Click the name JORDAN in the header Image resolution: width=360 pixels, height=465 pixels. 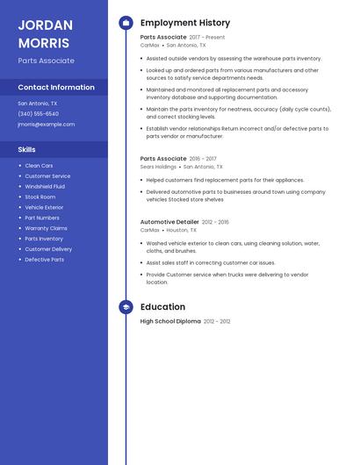(45, 25)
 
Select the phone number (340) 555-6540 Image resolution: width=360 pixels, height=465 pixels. (38, 113)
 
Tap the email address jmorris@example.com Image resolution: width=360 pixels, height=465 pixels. (46, 124)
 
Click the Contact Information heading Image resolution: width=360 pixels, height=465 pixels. (56, 87)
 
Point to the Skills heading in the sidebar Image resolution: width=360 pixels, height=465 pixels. (26, 149)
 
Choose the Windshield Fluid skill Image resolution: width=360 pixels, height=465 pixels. (45, 186)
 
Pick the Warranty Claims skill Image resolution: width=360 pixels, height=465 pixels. (46, 228)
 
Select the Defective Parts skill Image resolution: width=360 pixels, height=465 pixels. (44, 260)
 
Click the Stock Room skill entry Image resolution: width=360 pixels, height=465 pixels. (40, 197)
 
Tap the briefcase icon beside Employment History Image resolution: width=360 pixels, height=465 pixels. (126, 23)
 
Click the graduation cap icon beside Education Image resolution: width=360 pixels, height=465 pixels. (126, 307)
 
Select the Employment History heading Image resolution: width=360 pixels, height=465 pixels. (185, 23)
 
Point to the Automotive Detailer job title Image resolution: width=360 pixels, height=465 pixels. (169, 222)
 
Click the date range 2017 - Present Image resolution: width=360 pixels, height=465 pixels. (207, 38)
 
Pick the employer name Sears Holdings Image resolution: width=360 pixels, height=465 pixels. (158, 166)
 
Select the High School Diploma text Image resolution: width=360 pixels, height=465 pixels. (170, 322)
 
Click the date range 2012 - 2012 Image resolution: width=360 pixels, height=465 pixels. (217, 322)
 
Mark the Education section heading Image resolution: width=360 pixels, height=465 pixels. (162, 307)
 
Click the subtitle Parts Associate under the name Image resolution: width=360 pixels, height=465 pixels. (46, 61)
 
